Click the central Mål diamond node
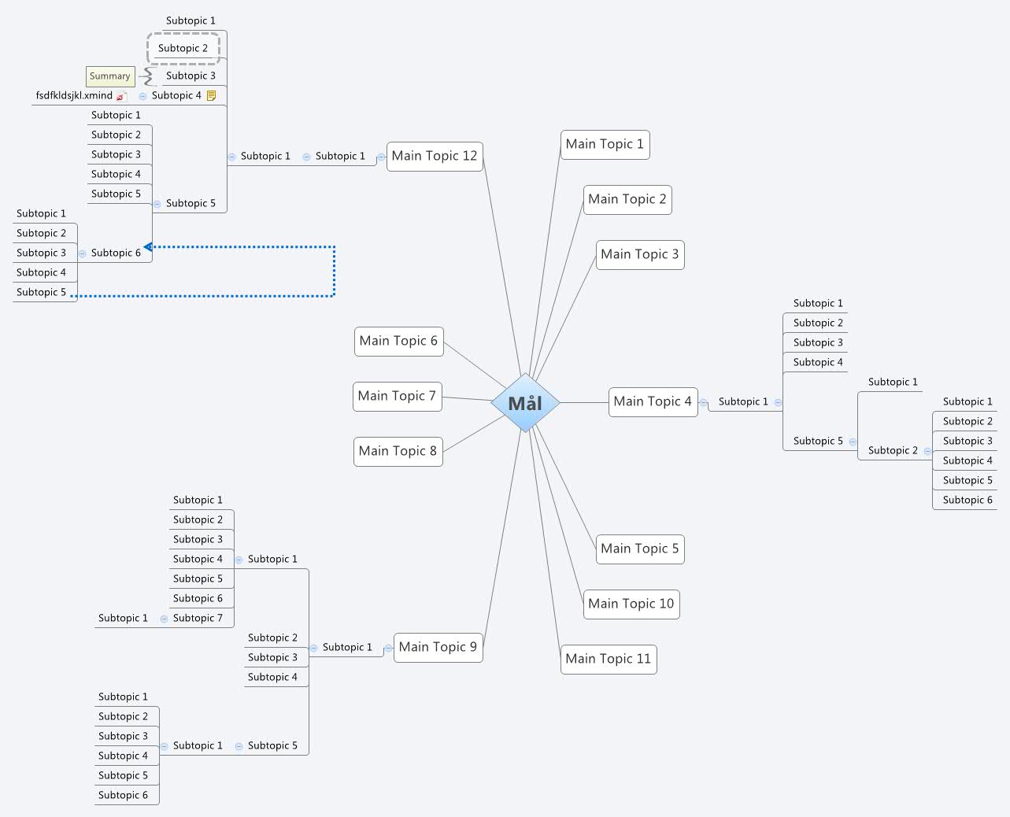pos(525,403)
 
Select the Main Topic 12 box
pos(435,156)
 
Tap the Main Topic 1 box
pos(605,144)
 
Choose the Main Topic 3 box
pos(639,254)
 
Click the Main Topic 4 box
pos(653,401)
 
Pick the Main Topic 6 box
pos(398,341)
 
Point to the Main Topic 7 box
pos(397,396)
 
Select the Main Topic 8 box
pos(398,451)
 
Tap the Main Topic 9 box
pos(438,647)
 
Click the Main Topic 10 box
pos(631,604)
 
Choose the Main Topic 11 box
pos(609,659)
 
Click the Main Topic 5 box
pos(639,549)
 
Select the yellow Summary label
pos(110,76)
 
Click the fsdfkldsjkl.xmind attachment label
pos(74,95)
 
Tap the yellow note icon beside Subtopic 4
pos(211,96)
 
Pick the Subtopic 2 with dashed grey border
pos(183,48)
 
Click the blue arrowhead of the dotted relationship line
pos(148,247)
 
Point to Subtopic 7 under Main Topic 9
pos(198,618)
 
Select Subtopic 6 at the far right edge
pos(967,500)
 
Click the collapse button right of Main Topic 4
pos(703,402)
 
